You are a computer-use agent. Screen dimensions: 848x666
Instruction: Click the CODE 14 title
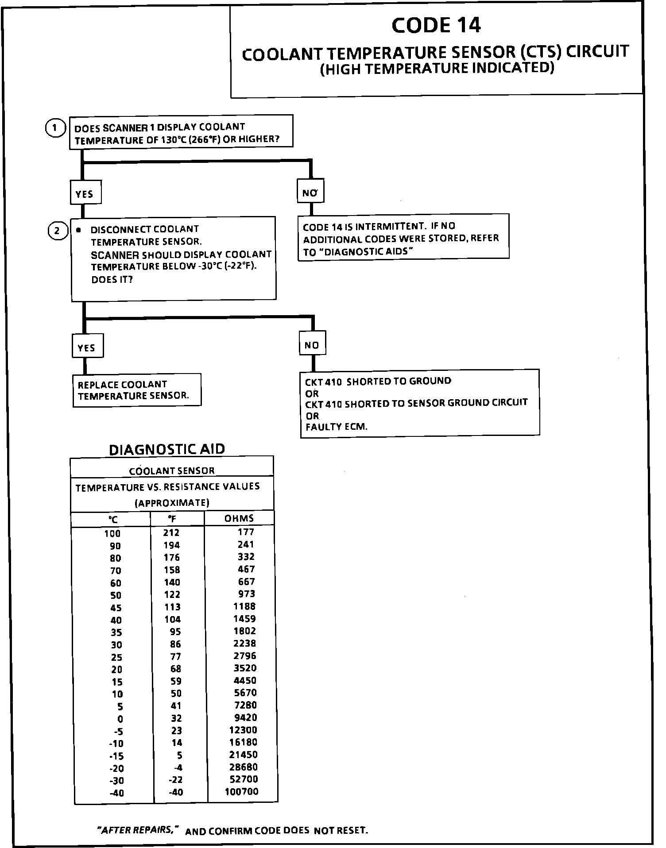(436, 25)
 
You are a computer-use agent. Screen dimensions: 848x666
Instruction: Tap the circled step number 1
(54, 128)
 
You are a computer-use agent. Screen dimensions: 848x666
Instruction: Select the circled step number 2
(57, 231)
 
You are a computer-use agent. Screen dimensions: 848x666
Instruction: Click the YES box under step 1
(85, 193)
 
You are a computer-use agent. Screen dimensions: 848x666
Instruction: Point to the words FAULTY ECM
(337, 427)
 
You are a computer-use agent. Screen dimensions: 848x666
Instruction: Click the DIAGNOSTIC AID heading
(167, 449)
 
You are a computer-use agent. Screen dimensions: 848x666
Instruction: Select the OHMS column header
(239, 518)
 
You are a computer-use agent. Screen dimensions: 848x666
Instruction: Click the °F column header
(172, 519)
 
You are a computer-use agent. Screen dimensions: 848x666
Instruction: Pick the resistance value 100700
(241, 791)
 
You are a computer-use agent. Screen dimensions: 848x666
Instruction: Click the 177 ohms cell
(246, 532)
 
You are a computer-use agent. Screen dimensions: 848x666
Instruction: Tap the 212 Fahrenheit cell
(172, 532)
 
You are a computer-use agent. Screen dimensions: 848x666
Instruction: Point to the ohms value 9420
(245, 717)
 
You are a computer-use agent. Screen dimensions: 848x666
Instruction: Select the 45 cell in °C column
(116, 607)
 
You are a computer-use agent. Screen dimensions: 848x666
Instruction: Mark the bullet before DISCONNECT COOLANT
(78, 230)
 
